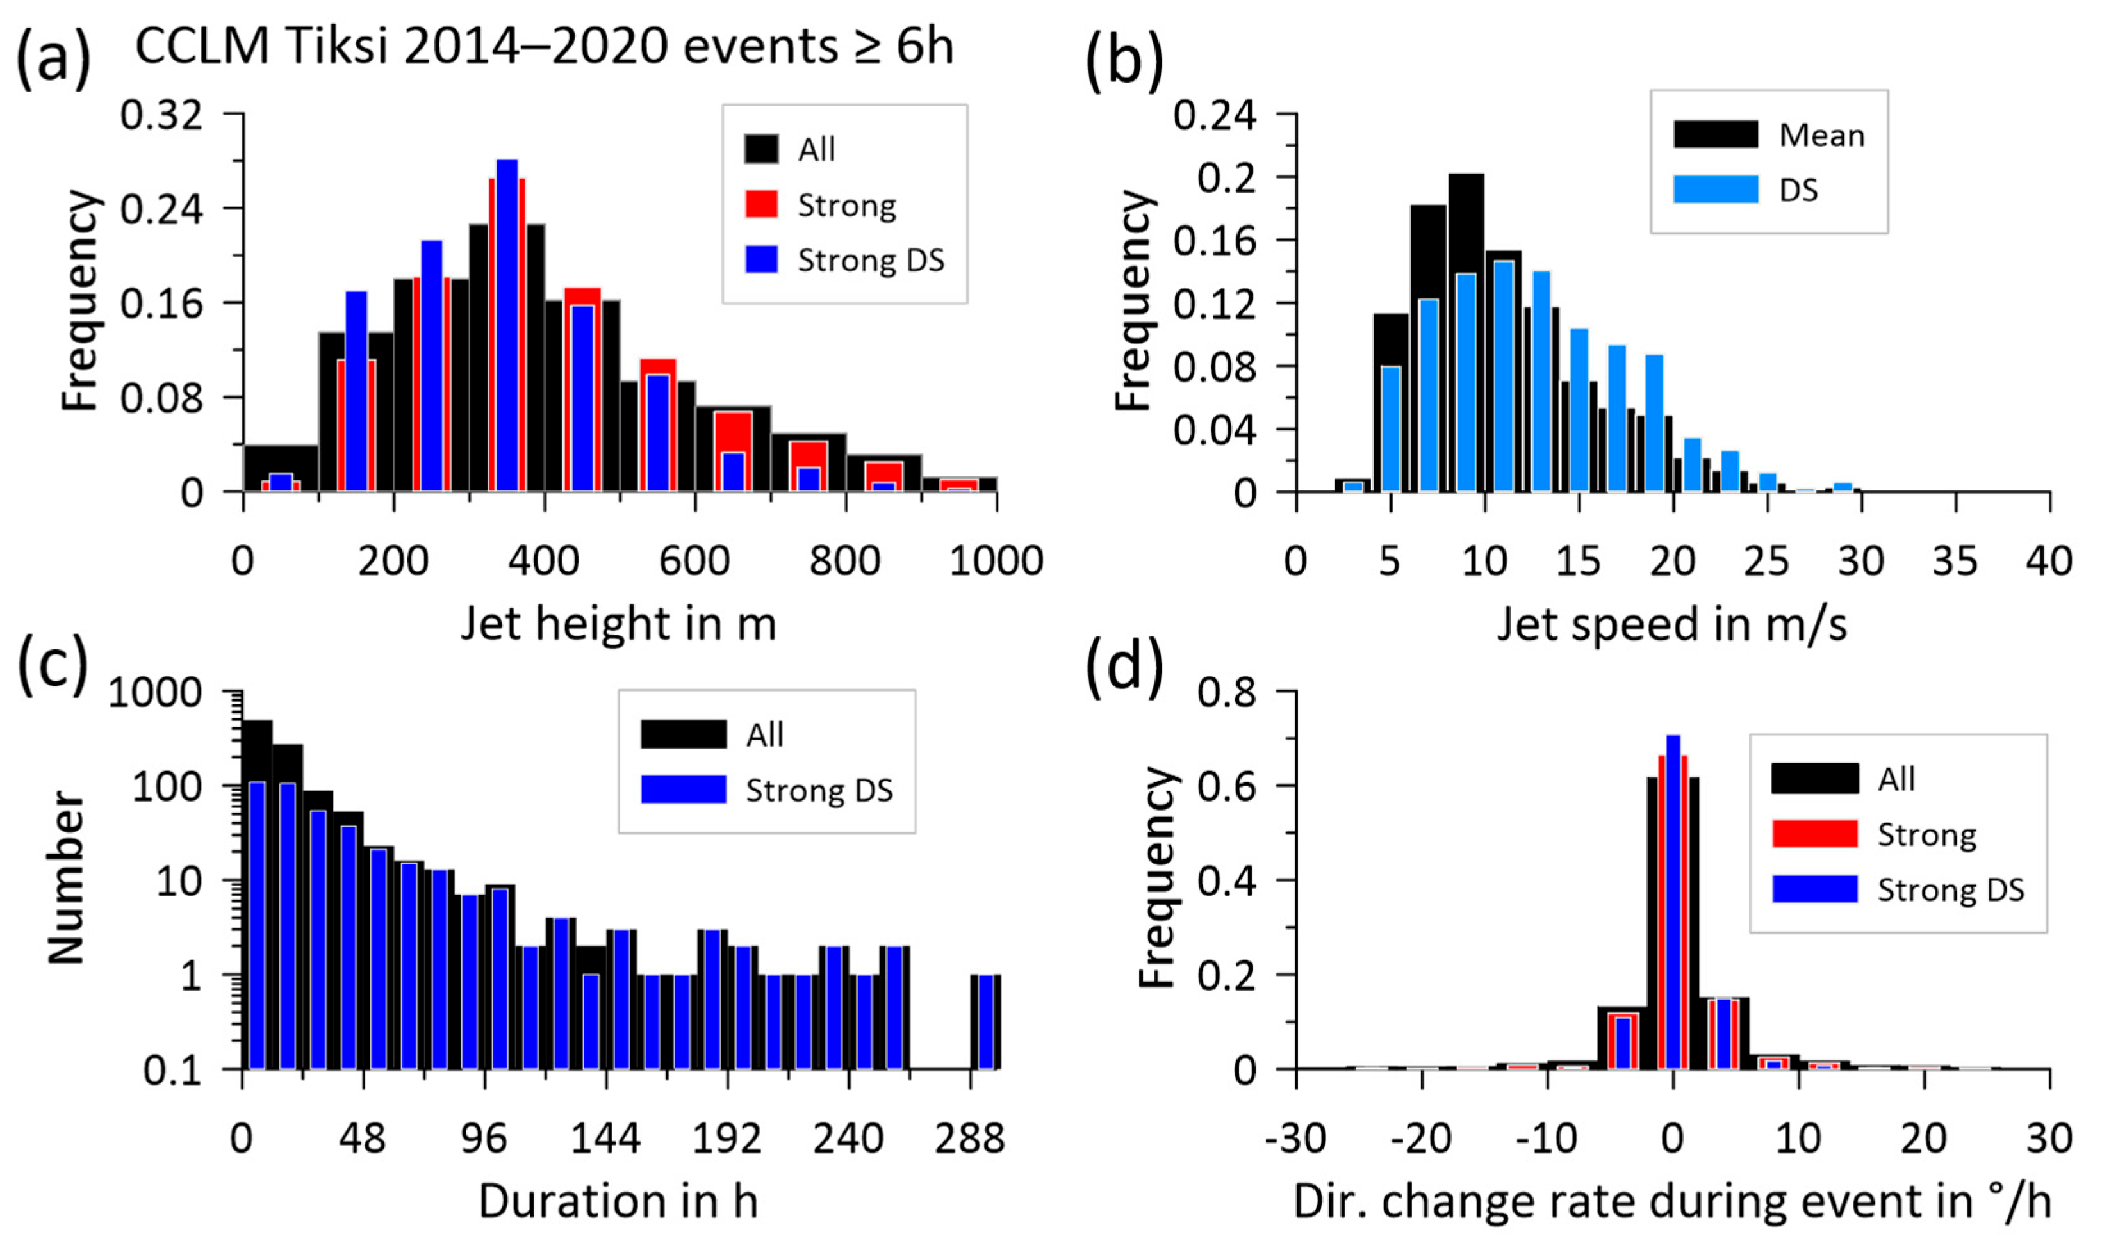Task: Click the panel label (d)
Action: [x=1124, y=667]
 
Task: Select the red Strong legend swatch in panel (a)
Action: [x=760, y=204]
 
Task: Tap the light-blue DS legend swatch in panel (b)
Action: [x=1715, y=190]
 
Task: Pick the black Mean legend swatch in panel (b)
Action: [x=1715, y=134]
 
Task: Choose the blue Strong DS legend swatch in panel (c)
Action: [x=683, y=789]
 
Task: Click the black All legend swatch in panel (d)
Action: [x=1814, y=778]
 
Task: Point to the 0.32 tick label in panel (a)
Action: [x=161, y=115]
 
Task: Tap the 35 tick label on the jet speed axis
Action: [x=1955, y=561]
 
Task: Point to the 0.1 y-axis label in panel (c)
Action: [x=172, y=1071]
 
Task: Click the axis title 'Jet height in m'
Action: [x=618, y=625]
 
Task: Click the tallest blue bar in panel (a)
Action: [x=507, y=324]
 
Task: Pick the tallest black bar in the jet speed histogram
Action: [x=1466, y=332]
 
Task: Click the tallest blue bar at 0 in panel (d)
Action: [x=1673, y=900]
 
